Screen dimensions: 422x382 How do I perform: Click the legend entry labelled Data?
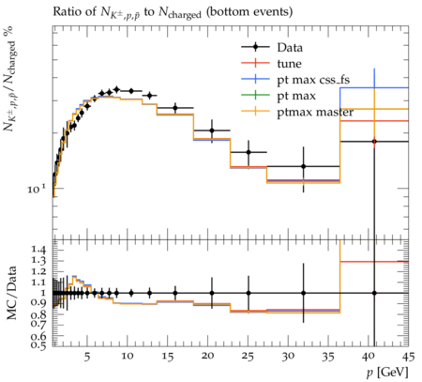coord(290,48)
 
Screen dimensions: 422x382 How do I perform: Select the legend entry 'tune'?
coord(290,64)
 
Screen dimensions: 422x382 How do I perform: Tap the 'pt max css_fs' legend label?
coord(313,80)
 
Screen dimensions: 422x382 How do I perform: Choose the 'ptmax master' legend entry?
coord(315,112)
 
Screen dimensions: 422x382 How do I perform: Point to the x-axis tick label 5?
coord(87,357)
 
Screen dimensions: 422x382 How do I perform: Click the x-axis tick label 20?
coord(207,356)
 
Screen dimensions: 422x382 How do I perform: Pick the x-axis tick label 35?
coord(328,357)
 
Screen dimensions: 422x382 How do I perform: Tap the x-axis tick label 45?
coord(408,357)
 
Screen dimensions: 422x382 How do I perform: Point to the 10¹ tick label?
coord(37,189)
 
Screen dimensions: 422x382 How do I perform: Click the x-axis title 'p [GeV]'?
coord(387,373)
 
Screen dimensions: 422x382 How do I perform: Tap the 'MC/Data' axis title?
coord(11,293)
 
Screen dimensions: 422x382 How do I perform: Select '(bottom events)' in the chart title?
coord(249,11)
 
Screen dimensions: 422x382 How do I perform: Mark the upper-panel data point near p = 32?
coord(303,166)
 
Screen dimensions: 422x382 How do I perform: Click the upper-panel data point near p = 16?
coord(175,108)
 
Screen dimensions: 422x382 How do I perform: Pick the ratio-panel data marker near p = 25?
coord(249,293)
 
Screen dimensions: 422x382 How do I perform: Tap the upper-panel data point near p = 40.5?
coord(374,142)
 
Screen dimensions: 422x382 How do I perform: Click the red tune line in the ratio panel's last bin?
coord(374,262)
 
